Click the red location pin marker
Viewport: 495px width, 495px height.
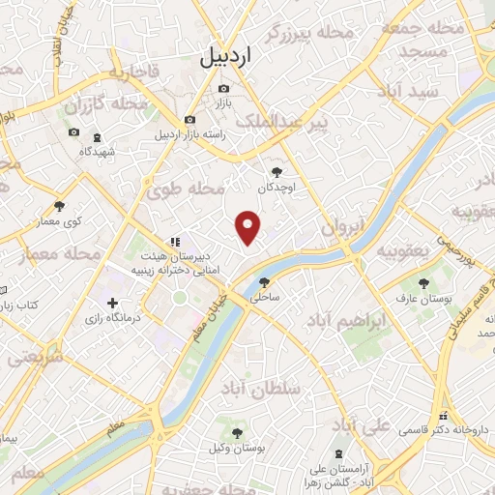point(249,226)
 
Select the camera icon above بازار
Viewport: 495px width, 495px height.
point(224,88)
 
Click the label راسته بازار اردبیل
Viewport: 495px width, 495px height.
point(191,134)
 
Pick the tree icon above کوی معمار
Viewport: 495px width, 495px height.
point(59,206)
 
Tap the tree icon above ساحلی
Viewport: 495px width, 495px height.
point(265,282)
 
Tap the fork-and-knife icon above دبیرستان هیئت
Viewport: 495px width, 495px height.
point(175,242)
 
